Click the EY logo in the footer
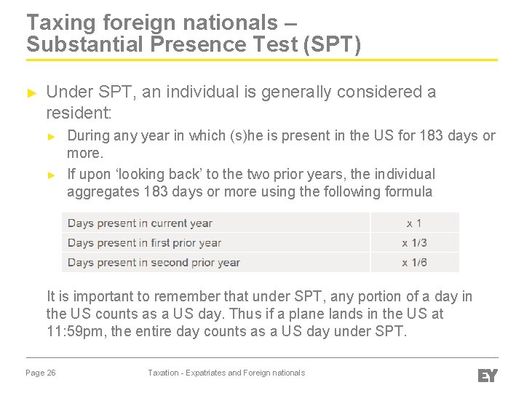(487, 375)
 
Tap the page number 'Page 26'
(41, 373)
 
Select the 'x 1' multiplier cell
(414, 223)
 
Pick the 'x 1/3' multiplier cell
(414, 243)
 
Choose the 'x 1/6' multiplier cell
(414, 263)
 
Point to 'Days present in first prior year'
(144, 243)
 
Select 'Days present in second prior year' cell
(154, 263)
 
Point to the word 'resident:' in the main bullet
(79, 113)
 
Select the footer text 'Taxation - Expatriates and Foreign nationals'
(226, 373)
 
